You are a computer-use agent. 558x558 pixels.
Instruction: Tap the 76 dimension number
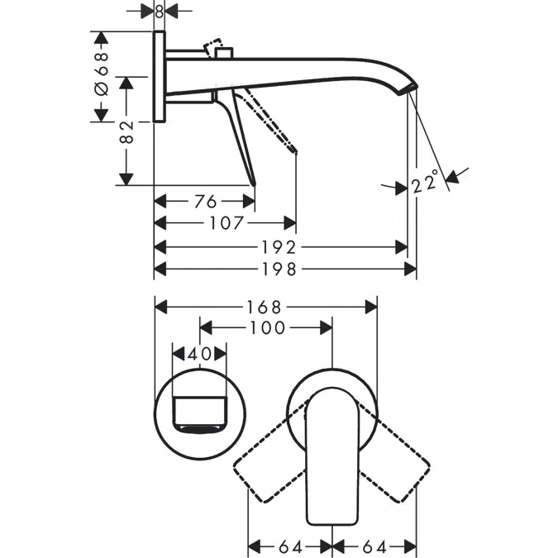pyautogui.click(x=205, y=201)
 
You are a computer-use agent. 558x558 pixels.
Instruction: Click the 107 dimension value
pyautogui.click(x=226, y=223)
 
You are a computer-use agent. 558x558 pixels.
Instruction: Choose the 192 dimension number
pyautogui.click(x=284, y=247)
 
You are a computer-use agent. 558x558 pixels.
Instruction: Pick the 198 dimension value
pyautogui.click(x=284, y=269)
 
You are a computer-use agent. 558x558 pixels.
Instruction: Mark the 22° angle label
pyautogui.click(x=424, y=181)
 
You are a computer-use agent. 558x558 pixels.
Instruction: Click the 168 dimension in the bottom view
pyautogui.click(x=266, y=306)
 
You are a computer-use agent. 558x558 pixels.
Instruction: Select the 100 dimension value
pyautogui.click(x=265, y=328)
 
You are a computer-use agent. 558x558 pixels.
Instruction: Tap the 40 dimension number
pyautogui.click(x=198, y=353)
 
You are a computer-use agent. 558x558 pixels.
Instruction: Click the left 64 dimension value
pyautogui.click(x=290, y=546)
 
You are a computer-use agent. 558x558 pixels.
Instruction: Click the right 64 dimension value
pyautogui.click(x=374, y=546)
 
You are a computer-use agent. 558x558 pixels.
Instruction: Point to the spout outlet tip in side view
pyautogui.click(x=411, y=88)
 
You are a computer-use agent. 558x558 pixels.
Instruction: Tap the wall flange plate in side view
pyautogui.click(x=160, y=77)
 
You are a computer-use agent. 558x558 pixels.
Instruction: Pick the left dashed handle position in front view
pyautogui.click(x=269, y=467)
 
